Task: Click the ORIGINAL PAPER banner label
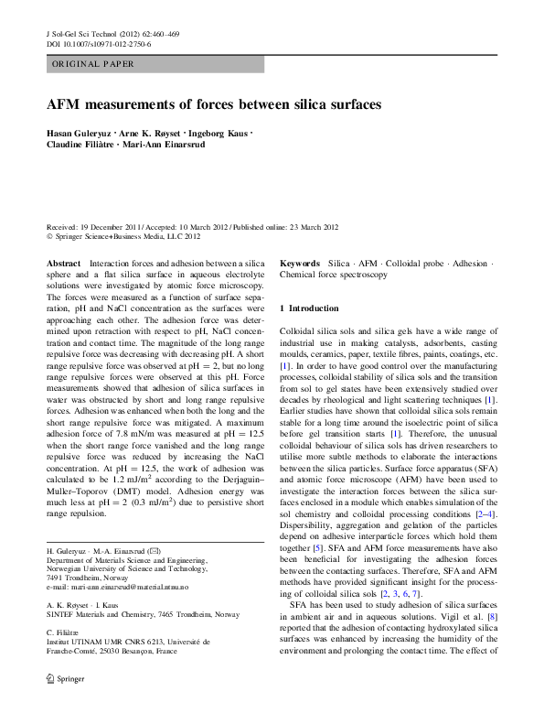92,64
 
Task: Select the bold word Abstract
63,263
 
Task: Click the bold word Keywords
299,263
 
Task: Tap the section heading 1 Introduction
309,308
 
